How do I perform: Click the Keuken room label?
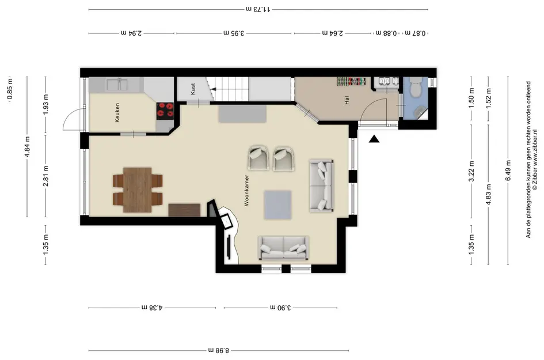117,112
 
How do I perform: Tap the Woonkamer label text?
247,190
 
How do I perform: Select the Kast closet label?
193,89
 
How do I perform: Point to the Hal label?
347,100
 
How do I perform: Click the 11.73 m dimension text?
258,9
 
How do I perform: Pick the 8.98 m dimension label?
219,350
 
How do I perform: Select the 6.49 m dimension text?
508,170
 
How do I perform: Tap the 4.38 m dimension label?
151,307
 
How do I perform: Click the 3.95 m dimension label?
234,33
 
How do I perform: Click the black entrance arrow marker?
374,139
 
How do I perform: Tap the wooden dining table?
138,190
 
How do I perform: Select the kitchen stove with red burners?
165,111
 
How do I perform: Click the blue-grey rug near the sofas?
277,205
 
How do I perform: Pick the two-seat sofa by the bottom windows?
284,248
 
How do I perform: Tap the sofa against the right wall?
322,185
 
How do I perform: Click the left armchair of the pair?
258,158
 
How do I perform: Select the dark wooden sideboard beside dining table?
184,210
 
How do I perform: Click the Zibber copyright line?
535,160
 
